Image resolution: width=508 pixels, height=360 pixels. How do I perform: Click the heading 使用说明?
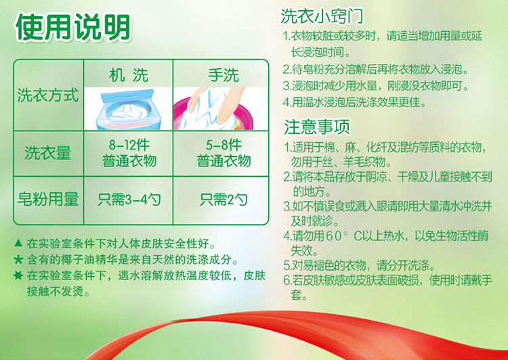[x=73, y=28]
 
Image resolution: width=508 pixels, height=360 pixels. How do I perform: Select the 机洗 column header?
[x=129, y=75]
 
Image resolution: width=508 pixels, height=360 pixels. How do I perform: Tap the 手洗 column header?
[x=224, y=75]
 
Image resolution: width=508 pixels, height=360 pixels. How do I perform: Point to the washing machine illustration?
[x=128, y=109]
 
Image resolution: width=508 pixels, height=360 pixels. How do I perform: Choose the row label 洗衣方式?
[x=48, y=95]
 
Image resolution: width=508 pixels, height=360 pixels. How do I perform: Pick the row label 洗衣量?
[x=48, y=153]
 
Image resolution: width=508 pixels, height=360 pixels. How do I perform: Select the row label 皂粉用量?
[x=48, y=199]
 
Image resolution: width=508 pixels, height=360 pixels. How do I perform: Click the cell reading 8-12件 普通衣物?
[x=129, y=153]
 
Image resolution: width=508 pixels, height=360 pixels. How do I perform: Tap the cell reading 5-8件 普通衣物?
[x=224, y=153]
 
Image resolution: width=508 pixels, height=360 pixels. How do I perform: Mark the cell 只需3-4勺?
[x=129, y=200]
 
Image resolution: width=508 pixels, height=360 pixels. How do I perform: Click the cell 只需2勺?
[x=224, y=200]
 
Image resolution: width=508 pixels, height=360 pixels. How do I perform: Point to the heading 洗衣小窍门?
[x=322, y=16]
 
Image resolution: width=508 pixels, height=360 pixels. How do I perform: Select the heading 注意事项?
[x=317, y=127]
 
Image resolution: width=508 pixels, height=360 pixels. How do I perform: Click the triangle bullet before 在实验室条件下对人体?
[x=19, y=242]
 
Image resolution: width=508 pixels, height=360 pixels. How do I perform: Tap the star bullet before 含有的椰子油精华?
[x=18, y=259]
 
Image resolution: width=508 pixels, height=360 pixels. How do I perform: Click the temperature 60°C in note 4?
[x=343, y=236]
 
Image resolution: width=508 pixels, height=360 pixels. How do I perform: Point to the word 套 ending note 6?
[x=297, y=295]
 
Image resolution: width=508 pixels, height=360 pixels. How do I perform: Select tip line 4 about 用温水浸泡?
[x=354, y=103]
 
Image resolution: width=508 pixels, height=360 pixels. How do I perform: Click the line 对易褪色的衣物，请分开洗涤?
[x=359, y=266]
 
